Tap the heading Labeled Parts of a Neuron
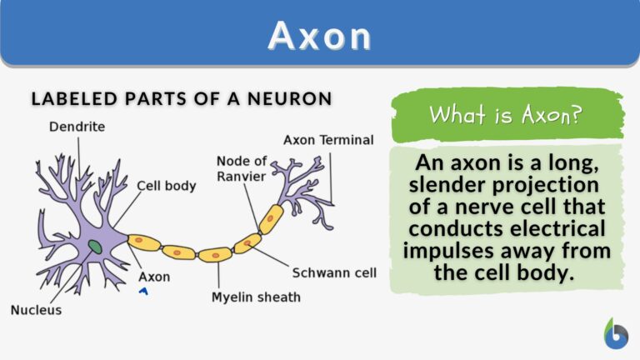(x=182, y=98)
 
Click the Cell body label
(x=166, y=186)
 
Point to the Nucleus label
(x=36, y=309)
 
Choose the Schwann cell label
(x=334, y=272)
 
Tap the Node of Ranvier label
(x=241, y=167)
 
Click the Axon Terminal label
(x=328, y=139)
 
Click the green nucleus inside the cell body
(x=96, y=247)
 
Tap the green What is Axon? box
(x=507, y=114)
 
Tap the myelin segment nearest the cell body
(x=144, y=242)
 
